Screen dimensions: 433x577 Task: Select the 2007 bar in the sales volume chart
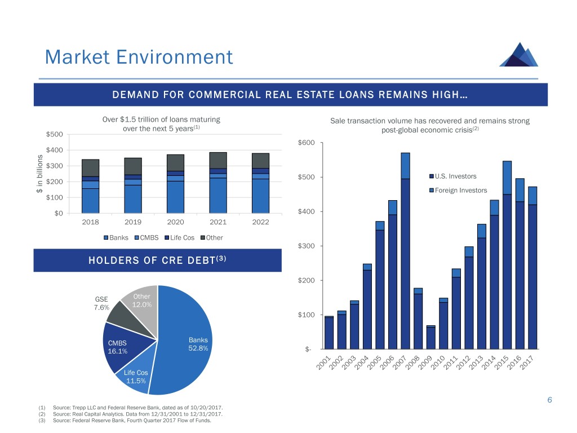pos(406,254)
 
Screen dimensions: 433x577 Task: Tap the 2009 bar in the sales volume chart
pos(431,337)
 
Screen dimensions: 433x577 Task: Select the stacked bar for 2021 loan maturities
pos(218,183)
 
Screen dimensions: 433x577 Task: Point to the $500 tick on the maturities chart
pos(55,134)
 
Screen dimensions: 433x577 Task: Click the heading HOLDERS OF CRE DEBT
pos(157,260)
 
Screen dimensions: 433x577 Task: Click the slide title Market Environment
pos(138,58)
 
